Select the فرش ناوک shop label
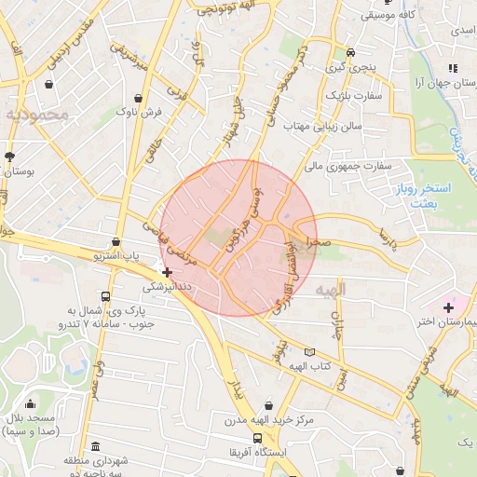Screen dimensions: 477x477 pyautogui.click(x=140, y=112)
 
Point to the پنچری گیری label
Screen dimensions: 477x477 pyautogui.click(x=350, y=68)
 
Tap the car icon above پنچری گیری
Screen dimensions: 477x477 pyautogui.click(x=350, y=53)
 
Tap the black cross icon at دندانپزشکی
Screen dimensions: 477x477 pyautogui.click(x=167, y=273)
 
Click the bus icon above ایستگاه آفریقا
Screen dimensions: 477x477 pyautogui.click(x=257, y=438)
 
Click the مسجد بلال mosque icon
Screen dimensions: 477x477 pyautogui.click(x=32, y=405)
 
